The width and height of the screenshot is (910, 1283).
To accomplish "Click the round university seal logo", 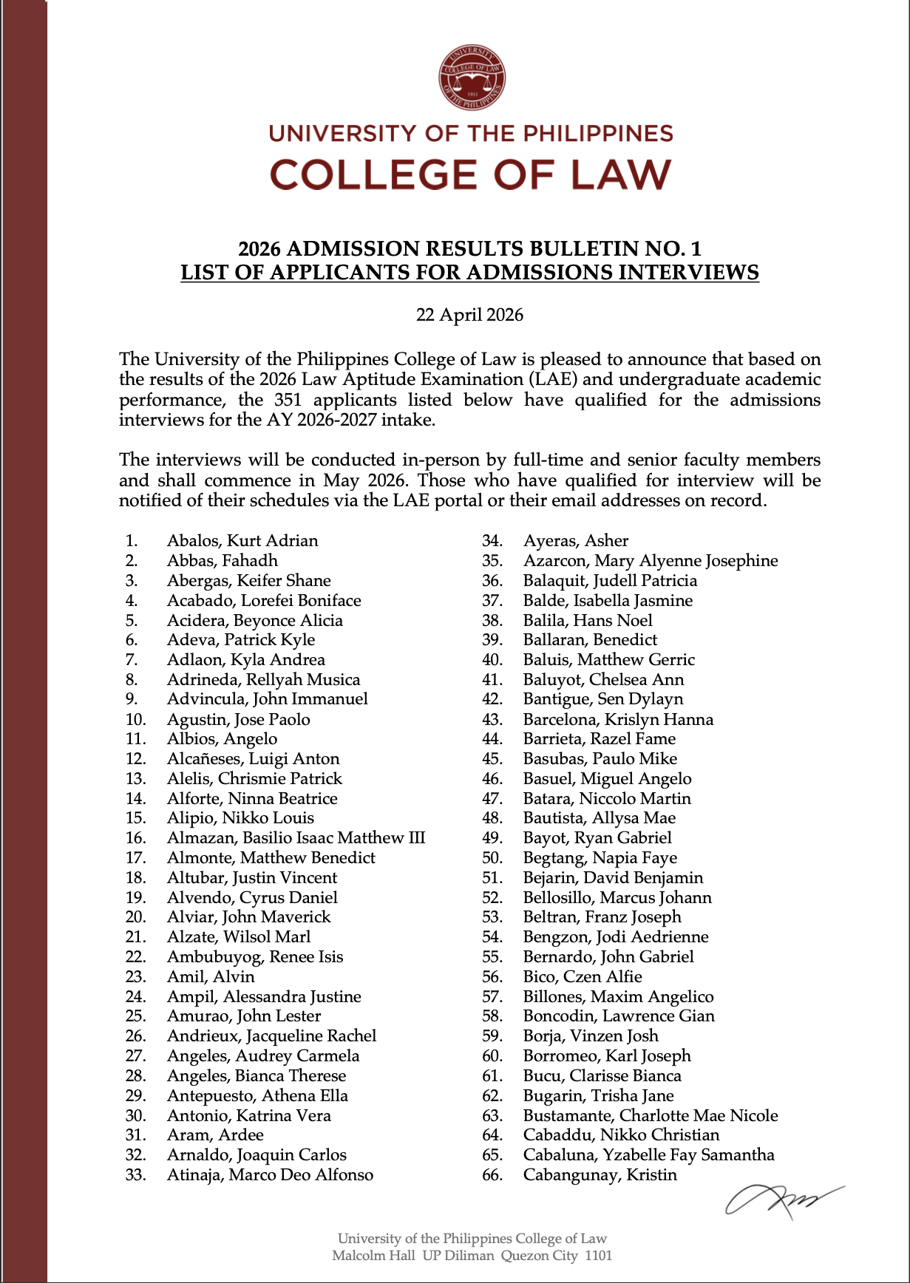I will tap(472, 77).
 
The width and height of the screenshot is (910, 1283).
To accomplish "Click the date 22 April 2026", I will tap(469, 315).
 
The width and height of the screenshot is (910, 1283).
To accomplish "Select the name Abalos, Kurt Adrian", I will tap(242, 540).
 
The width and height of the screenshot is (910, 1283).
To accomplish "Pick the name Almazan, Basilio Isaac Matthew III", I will tap(296, 837).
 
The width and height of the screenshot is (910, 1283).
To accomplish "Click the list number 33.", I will tap(135, 1174).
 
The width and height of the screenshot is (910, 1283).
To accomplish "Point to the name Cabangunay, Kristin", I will tap(600, 1174).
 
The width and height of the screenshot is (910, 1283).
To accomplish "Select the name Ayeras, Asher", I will tap(575, 540).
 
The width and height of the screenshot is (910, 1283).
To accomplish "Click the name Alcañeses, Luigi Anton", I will tap(253, 758).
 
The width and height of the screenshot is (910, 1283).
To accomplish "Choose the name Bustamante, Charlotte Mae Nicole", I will tap(650, 1115).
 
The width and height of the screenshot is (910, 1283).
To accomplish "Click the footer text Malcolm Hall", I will tap(373, 1255).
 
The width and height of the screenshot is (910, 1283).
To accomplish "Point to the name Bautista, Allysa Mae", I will tap(599, 817).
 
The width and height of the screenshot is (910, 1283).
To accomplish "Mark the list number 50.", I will tap(492, 857).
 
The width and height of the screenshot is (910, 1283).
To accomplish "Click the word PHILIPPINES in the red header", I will tap(598, 134).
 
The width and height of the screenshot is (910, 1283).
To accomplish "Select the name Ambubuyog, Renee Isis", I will tap(254, 956).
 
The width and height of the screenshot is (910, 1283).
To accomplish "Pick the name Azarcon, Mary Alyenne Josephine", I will tap(650, 560).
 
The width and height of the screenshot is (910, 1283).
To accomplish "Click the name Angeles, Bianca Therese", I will tap(256, 1075).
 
